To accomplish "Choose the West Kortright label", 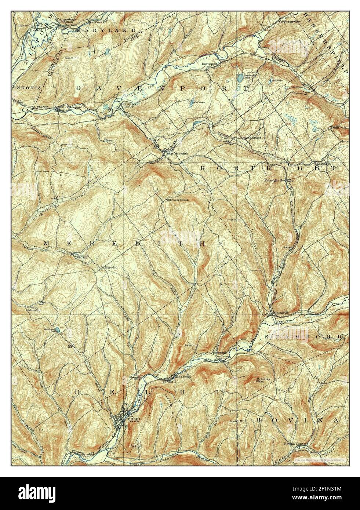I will [x=251, y=138].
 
